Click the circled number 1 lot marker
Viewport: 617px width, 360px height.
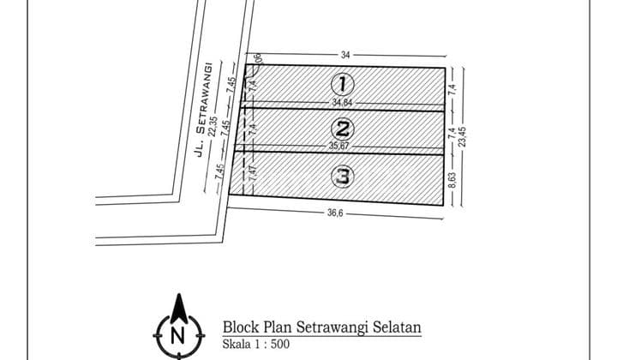[342, 83]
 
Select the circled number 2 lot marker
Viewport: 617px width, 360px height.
[342, 130]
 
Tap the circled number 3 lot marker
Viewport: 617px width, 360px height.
[342, 177]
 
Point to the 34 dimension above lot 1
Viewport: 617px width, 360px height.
[344, 55]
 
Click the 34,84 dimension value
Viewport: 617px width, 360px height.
[342, 103]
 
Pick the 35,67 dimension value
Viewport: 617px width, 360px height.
[340, 147]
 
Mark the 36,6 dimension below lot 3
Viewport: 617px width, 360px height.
[334, 214]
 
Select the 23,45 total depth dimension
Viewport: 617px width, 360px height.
[464, 136]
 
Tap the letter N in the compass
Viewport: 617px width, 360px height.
[178, 335]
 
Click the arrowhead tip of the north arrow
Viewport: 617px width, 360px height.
[178, 295]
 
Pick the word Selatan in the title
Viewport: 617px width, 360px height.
[398, 327]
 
